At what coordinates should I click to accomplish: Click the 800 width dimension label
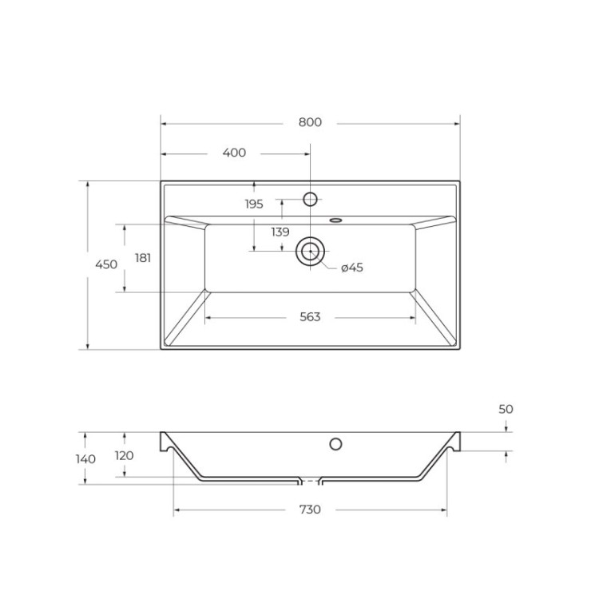310,122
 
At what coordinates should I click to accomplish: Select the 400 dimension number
234,153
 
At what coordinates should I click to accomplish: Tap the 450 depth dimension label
106,264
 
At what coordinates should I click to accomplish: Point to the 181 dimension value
143,257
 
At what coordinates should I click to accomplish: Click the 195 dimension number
254,204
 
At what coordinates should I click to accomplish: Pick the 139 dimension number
280,232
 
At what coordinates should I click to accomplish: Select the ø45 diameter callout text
351,268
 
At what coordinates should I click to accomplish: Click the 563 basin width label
310,317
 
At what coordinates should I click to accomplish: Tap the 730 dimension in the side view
310,510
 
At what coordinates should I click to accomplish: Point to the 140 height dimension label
86,458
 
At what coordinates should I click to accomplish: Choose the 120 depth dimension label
124,455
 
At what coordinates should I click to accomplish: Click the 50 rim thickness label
506,409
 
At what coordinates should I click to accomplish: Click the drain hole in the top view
310,251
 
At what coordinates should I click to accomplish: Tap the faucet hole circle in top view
311,199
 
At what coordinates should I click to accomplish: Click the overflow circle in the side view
335,444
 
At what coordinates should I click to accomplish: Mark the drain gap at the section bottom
310,481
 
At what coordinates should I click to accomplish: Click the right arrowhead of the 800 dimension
458,123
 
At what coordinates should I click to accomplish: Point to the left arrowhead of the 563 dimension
208,317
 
